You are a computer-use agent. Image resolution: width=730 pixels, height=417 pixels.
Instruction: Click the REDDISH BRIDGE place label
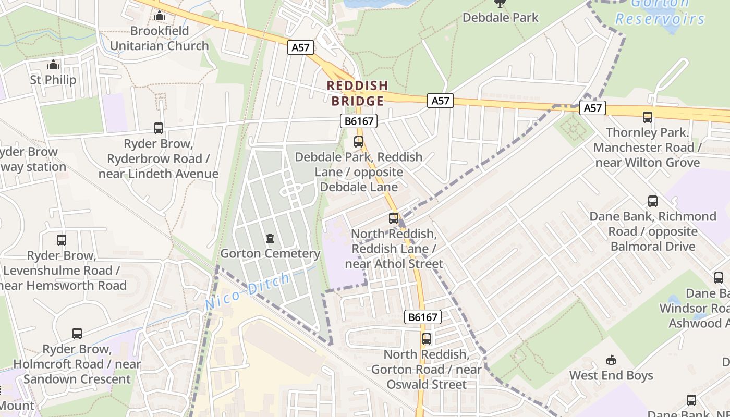[357, 93]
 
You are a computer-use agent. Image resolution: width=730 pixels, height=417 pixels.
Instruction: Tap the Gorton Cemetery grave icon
[270, 239]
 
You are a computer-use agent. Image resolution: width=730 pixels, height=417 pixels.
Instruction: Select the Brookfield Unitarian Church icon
[160, 17]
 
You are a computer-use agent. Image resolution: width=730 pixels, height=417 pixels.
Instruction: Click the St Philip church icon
[53, 65]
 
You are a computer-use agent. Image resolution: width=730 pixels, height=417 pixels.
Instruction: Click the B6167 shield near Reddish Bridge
[358, 121]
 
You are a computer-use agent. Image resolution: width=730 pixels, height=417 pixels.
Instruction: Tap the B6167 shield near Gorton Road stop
[423, 316]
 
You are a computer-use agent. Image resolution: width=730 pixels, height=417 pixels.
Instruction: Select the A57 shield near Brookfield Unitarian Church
[300, 47]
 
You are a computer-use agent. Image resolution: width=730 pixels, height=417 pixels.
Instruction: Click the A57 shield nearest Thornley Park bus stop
[592, 108]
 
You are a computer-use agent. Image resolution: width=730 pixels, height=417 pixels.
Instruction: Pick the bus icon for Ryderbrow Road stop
[159, 128]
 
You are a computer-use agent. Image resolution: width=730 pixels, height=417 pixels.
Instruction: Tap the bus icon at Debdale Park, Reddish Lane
[359, 141]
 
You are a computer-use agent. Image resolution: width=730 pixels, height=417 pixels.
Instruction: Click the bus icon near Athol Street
[394, 218]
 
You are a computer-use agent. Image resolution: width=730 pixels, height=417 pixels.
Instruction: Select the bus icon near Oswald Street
[427, 339]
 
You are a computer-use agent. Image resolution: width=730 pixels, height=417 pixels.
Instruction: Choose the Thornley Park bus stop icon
[648, 117]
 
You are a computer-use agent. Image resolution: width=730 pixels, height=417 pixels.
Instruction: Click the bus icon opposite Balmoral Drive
[653, 201]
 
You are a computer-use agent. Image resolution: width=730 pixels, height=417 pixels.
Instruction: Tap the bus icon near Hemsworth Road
[62, 240]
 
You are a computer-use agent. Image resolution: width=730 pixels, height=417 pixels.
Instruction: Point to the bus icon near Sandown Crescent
[77, 333]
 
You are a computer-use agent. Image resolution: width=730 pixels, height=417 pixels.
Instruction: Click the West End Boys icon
[611, 360]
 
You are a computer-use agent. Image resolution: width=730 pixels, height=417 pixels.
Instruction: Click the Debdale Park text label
[501, 17]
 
